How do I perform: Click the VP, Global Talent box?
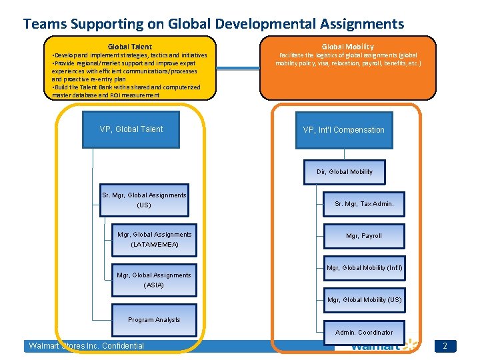pos(131,129)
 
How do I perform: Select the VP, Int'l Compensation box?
pos(343,129)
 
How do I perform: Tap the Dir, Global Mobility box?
pos(345,171)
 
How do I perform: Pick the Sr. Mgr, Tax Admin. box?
pos(365,203)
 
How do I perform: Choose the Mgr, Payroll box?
pos(364,236)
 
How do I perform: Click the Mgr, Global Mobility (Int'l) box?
pos(365,268)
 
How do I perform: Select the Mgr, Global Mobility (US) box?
pos(365,300)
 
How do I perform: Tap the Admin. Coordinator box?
pos(364,332)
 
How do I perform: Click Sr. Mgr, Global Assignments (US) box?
pos(145,200)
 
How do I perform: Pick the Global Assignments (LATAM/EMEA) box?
pos(154,239)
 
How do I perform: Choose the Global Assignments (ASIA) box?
pos(154,279)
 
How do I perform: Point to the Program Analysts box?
pos(154,319)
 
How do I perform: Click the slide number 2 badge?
pos(445,346)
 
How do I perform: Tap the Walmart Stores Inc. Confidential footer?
pos(86,346)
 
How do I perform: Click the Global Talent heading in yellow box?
pos(130,47)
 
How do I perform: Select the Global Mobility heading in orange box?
pos(347,47)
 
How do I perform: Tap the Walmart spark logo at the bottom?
pos(407,345)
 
